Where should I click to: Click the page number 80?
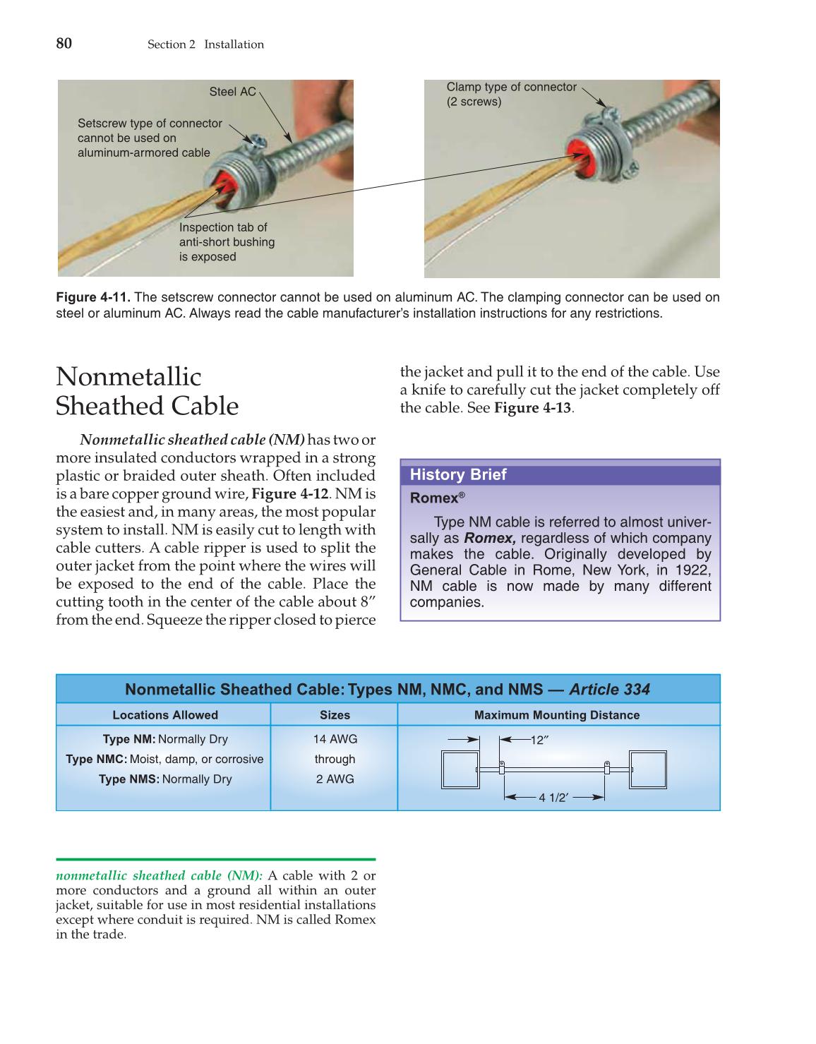64,43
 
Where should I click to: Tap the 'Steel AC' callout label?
232,92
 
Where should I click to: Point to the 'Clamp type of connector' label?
511,87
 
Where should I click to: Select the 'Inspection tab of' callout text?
223,227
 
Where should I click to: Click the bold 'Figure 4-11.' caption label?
93,297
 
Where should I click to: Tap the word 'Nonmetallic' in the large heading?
128,377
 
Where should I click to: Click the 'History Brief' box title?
458,474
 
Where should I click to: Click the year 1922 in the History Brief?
692,570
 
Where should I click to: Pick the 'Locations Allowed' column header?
165,715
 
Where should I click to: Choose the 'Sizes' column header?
335,715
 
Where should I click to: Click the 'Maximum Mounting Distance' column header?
557,715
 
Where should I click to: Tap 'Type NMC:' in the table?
96,760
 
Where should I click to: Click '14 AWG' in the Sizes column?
335,739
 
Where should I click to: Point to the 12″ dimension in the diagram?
539,740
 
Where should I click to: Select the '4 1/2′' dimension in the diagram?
554,798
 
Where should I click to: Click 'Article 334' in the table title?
609,690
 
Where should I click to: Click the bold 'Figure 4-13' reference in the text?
532,408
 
